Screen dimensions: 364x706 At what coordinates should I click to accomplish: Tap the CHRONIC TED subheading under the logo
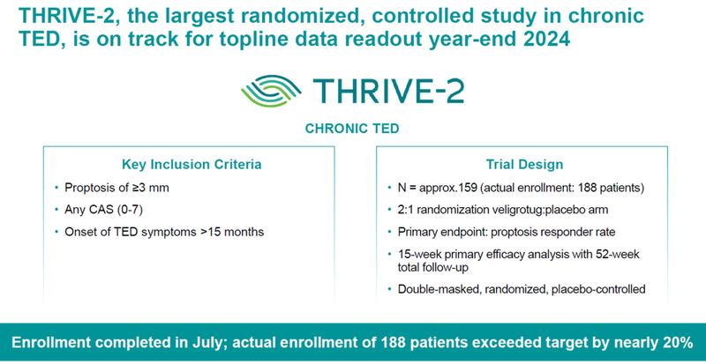coord(353,128)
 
